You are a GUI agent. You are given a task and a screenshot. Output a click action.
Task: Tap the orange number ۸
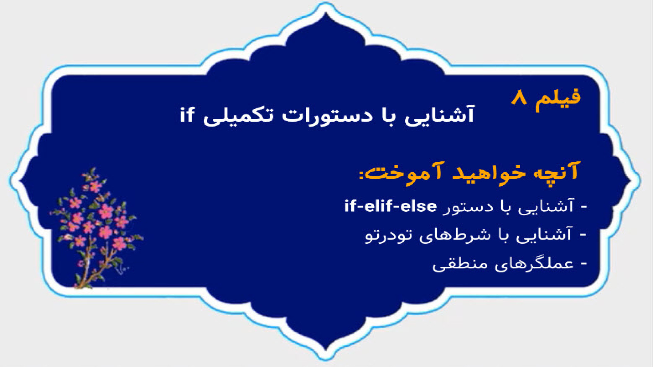[519, 98]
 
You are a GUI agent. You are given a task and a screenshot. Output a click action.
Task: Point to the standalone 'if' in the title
[187, 115]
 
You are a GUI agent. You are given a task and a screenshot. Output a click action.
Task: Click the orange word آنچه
[556, 172]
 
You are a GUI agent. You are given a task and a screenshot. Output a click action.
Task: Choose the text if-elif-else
[390, 206]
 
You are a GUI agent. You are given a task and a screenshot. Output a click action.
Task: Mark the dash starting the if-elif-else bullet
[584, 207]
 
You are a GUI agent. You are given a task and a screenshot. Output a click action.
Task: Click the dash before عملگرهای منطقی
[584, 264]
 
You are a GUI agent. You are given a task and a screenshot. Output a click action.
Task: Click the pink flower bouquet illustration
[97, 228]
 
